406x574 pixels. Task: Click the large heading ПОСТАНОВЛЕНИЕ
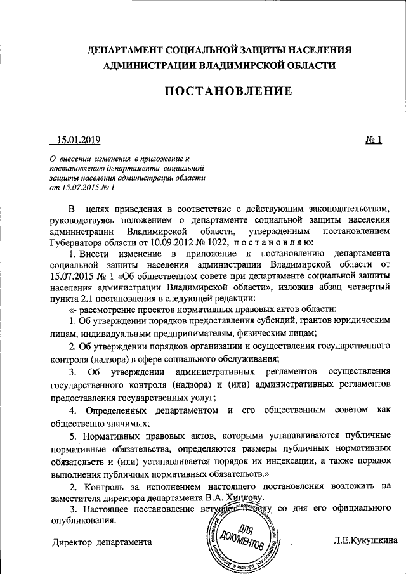[x=228, y=91]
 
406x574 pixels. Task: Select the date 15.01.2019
[x=79, y=140]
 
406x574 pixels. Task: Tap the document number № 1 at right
[x=374, y=140]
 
